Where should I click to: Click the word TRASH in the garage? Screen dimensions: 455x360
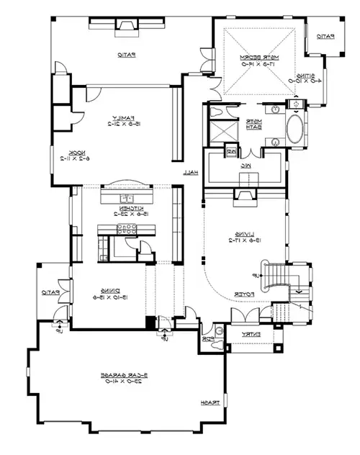(210, 402)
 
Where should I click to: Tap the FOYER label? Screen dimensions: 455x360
(243, 294)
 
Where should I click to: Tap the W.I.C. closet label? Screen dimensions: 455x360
(245, 165)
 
